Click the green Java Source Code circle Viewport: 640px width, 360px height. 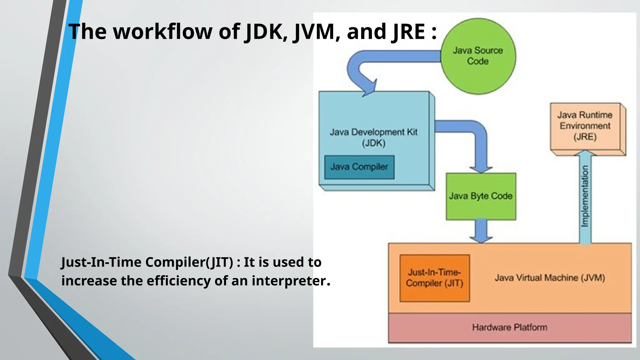pyautogui.click(x=478, y=56)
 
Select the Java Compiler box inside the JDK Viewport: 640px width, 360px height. pyautogui.click(x=359, y=167)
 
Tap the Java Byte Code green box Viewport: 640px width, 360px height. pyautogui.click(x=481, y=196)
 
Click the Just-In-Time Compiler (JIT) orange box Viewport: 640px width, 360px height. pyautogui.click(x=434, y=278)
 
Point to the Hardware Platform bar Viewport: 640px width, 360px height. pyautogui.click(x=509, y=327)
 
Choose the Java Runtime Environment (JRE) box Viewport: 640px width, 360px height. pyautogui.click(x=585, y=126)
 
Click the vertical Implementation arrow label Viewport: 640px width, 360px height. pyautogui.click(x=585, y=196)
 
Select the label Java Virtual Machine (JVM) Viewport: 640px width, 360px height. pyautogui.click(x=550, y=278)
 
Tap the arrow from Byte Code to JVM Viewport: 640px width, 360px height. pyautogui.click(x=481, y=231)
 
